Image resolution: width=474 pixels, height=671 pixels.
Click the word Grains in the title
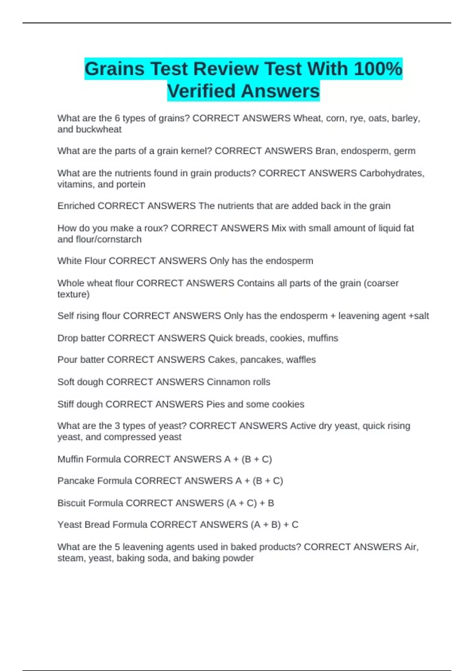(x=115, y=69)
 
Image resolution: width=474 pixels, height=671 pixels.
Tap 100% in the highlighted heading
(x=378, y=69)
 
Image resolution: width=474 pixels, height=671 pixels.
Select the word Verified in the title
(x=200, y=91)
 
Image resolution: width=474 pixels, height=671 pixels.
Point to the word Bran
(x=325, y=151)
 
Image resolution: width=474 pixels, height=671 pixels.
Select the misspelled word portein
(x=131, y=184)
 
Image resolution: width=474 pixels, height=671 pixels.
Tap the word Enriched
(x=76, y=206)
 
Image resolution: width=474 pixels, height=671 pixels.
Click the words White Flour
(x=82, y=261)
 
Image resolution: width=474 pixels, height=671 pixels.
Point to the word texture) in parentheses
(x=73, y=294)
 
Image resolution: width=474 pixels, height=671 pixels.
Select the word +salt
(x=419, y=316)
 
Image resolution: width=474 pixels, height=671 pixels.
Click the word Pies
(x=216, y=404)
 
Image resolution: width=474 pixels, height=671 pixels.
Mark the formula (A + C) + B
(x=250, y=503)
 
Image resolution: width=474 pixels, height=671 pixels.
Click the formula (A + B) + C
(x=274, y=525)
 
